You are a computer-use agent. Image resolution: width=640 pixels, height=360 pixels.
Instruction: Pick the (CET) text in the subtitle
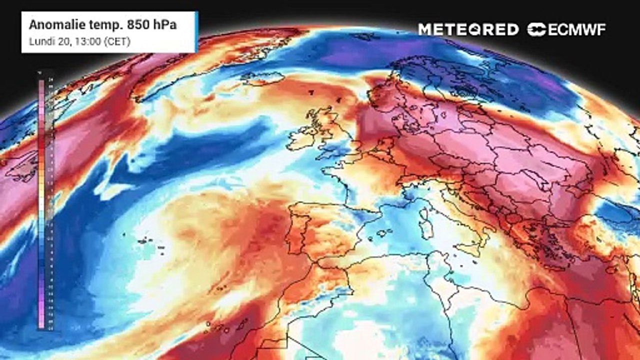pos(116,41)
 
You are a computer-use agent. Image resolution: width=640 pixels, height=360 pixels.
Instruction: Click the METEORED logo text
pos(468,29)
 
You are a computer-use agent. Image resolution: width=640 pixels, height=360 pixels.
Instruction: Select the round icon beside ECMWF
pos(537,29)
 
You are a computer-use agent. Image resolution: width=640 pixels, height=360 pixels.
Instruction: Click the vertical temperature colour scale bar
pos(41,200)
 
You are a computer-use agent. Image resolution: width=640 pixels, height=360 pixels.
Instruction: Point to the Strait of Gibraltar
pos(314,260)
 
